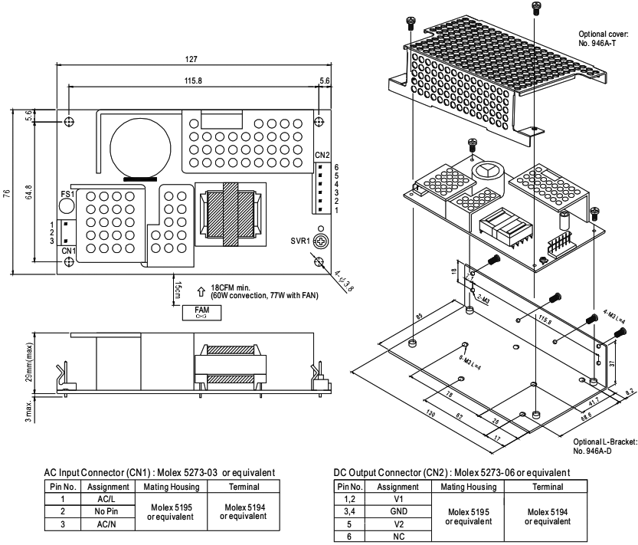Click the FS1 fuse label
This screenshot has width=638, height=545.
67,195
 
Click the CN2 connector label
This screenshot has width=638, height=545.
321,155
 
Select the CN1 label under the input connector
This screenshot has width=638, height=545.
67,250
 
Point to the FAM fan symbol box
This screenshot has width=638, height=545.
202,311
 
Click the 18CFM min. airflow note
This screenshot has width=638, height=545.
224,283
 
